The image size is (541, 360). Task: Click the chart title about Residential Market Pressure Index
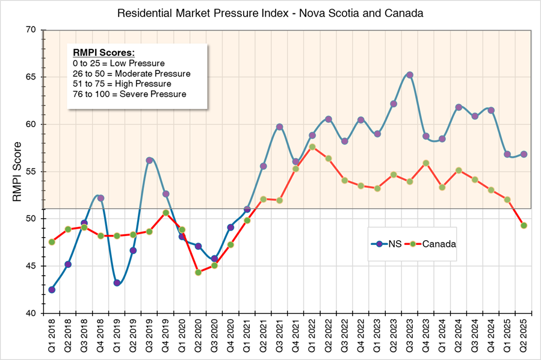(270, 13)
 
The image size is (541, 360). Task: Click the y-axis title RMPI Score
(18, 171)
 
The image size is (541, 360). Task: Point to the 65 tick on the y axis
(31, 77)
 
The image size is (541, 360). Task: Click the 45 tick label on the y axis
(31, 266)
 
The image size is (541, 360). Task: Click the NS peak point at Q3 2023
(410, 75)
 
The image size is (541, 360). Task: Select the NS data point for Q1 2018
(52, 290)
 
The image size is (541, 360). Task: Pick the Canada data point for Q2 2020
(198, 272)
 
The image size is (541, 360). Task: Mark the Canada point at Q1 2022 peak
(312, 146)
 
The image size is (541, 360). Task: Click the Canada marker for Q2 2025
(524, 225)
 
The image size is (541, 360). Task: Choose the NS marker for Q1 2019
(117, 283)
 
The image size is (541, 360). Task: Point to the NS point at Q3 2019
(149, 161)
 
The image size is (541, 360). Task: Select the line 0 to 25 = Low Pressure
(117, 63)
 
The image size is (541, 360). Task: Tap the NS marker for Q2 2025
(524, 154)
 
